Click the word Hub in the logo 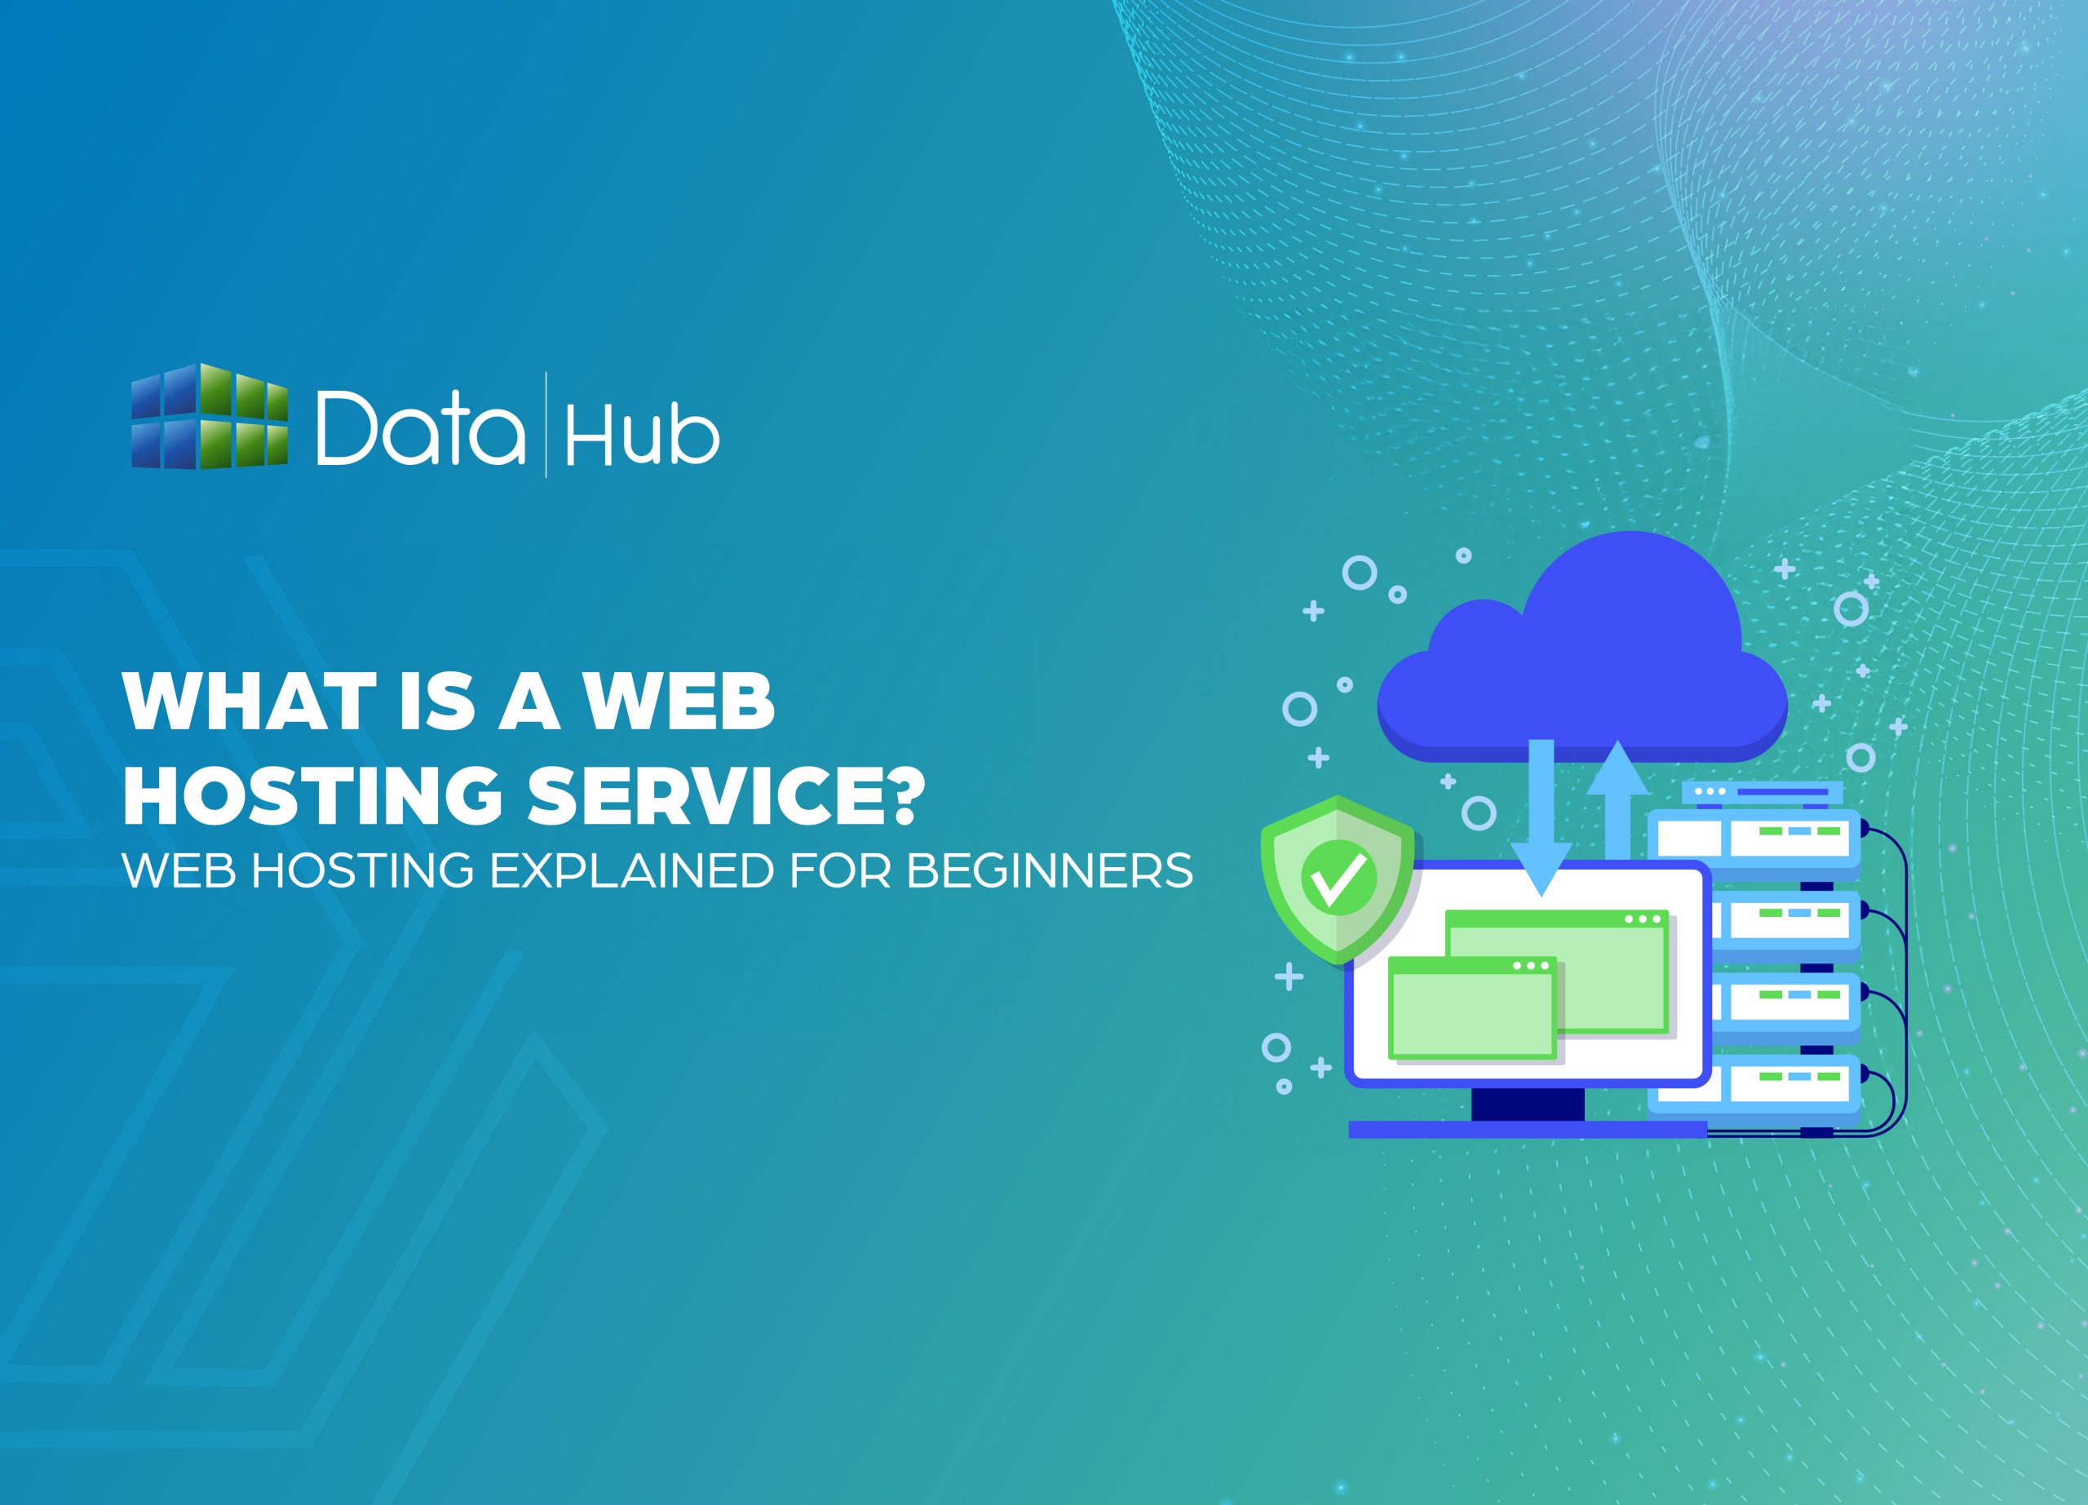[642, 435]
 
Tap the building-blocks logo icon [209, 416]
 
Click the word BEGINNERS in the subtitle [1050, 871]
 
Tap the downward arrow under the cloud [1540, 819]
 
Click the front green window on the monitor [1471, 1008]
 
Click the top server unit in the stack [1754, 838]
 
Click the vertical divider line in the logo [546, 424]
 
